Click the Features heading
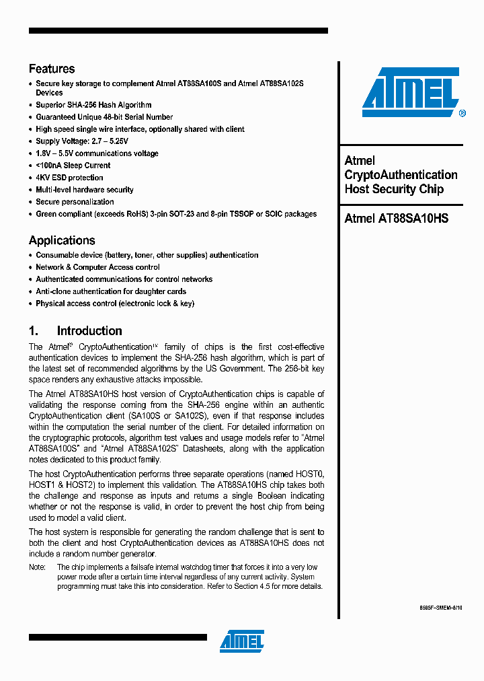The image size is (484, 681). [x=52, y=69]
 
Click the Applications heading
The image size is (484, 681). [x=62, y=240]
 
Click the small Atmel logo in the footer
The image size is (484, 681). [x=242, y=641]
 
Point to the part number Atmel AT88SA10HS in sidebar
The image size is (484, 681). [x=396, y=218]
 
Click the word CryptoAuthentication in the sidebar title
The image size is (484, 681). [x=401, y=175]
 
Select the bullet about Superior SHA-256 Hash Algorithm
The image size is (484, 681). [x=93, y=105]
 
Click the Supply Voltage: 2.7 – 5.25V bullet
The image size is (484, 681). [x=82, y=141]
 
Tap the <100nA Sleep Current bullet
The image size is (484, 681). [x=73, y=166]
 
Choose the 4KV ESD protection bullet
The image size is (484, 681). [x=70, y=178]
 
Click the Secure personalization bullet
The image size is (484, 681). [x=75, y=202]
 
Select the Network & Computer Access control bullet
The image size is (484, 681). [x=97, y=267]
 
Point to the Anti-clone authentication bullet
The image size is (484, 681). [x=111, y=291]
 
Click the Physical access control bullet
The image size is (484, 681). [x=115, y=303]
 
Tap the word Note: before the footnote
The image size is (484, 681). [x=37, y=567]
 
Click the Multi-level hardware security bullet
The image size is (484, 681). [x=85, y=190]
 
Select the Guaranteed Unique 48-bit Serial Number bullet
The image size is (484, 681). [x=104, y=117]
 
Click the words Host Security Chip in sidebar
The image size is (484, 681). [x=394, y=189]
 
